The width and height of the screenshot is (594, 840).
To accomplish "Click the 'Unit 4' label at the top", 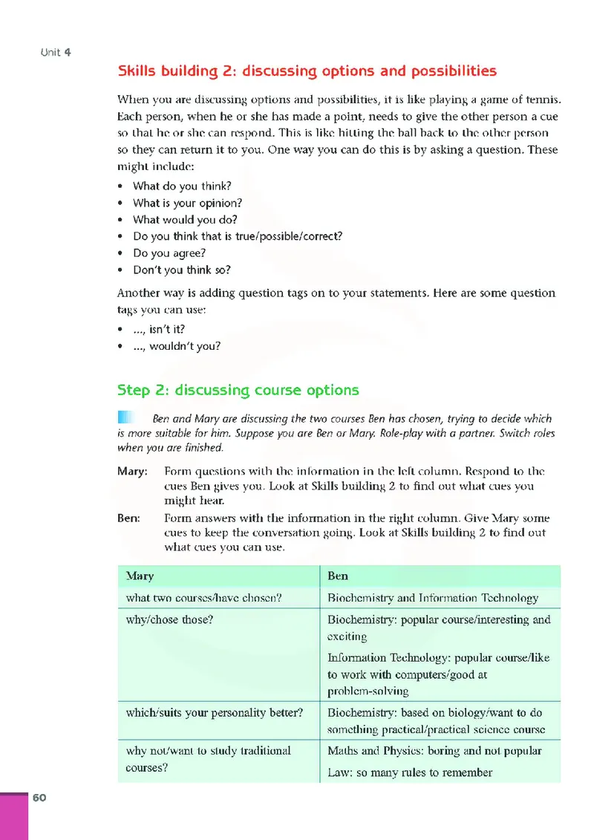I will [x=56, y=53].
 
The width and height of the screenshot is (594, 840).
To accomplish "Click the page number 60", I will [x=39, y=798].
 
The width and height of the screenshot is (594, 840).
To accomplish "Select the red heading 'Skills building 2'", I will [x=307, y=71].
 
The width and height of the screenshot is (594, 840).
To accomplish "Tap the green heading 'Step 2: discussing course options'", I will [x=238, y=390].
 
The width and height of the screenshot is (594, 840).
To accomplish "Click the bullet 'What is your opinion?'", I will [x=187, y=203].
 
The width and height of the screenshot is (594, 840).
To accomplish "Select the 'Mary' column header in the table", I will [x=140, y=576].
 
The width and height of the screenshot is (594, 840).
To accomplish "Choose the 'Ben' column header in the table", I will [x=338, y=576].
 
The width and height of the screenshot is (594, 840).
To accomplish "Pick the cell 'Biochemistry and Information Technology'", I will [x=433, y=598].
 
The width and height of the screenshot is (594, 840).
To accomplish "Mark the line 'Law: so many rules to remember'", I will [x=410, y=772].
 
